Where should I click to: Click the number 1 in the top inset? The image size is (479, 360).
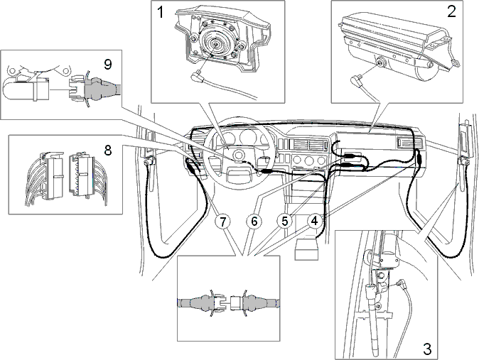pyautogui.click(x=161, y=13)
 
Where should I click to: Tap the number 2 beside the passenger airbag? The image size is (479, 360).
pyautogui.click(x=452, y=11)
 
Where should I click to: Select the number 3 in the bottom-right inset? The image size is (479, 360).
pyautogui.click(x=427, y=349)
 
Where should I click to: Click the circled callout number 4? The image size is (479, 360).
pyautogui.click(x=315, y=221)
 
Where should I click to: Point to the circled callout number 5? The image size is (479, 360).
pyautogui.click(x=285, y=221)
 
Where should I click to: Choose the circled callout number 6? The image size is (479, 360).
pyautogui.click(x=254, y=222)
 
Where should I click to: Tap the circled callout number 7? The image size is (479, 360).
pyautogui.click(x=223, y=222)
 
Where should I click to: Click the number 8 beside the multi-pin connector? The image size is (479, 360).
pyautogui.click(x=108, y=151)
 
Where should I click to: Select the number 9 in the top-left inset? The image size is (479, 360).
pyautogui.click(x=108, y=65)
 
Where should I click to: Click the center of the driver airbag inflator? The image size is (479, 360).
pyautogui.click(x=216, y=44)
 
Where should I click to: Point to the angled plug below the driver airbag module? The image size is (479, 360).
pyautogui.click(x=195, y=75)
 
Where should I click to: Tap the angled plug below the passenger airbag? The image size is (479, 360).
pyautogui.click(x=355, y=80)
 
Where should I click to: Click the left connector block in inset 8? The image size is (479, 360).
pyautogui.click(x=54, y=176)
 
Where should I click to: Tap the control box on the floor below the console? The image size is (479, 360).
pyautogui.click(x=306, y=249)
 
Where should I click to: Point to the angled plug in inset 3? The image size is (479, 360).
pyautogui.click(x=402, y=285)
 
